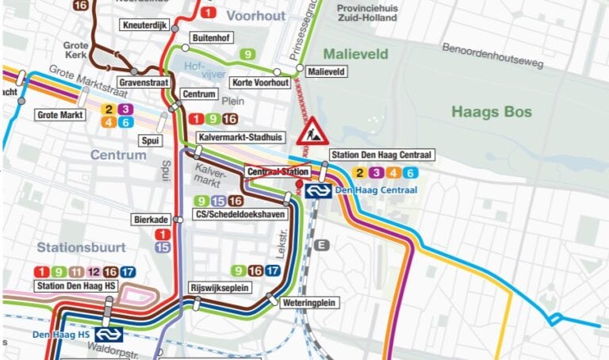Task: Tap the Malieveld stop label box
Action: coord(327,71)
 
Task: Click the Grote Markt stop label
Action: coord(60,115)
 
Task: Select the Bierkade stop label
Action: coord(151,219)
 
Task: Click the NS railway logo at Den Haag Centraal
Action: coord(317,190)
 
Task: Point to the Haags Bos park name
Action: coord(491,112)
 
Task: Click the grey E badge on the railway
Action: coord(321,245)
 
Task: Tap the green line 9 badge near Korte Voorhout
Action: coord(249,54)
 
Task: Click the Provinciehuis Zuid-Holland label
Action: coord(366,12)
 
